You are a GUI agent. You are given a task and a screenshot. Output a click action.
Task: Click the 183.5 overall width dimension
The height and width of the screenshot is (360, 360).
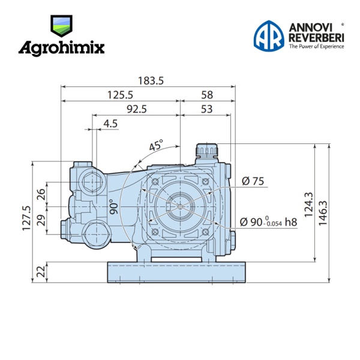tap(151, 81)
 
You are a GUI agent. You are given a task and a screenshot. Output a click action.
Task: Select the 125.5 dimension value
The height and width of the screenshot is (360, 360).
tap(120, 95)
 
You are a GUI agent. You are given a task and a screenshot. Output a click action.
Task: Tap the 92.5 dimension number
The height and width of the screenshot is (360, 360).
tap(137, 109)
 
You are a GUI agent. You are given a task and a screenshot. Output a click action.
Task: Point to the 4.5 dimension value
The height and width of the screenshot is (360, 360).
tap(110, 124)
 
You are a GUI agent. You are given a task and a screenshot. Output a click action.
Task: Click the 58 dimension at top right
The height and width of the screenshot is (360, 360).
tap(207, 95)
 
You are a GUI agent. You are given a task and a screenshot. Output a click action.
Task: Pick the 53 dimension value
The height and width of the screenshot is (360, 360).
tap(206, 109)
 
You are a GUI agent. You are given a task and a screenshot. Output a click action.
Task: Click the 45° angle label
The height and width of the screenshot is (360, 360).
tap(156, 145)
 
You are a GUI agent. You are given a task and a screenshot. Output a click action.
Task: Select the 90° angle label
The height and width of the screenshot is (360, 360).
tap(113, 206)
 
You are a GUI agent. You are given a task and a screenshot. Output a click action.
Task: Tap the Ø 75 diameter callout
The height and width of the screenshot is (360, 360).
tap(253, 181)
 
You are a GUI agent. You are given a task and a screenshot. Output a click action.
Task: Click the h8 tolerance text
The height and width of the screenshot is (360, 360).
tap(291, 222)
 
